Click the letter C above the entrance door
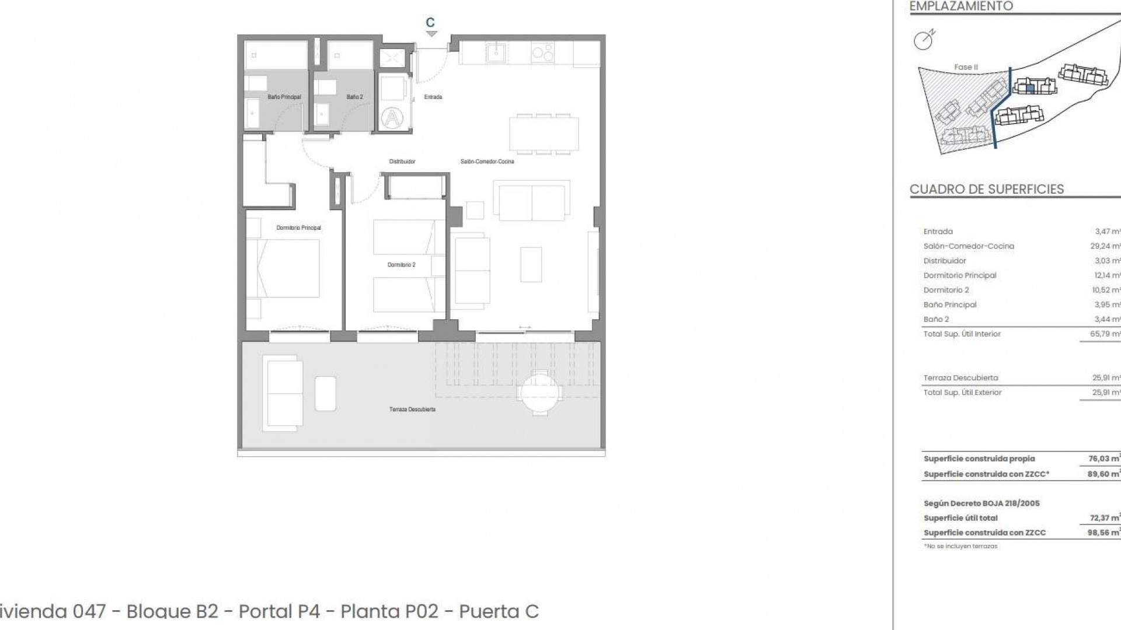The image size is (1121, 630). [430, 23]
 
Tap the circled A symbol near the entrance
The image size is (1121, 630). [392, 118]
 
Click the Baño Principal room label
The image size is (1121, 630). [284, 97]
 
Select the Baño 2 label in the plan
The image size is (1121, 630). [354, 97]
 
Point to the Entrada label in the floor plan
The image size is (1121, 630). [433, 97]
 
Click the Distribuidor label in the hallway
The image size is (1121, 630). [402, 162]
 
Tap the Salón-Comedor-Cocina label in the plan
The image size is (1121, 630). [487, 162]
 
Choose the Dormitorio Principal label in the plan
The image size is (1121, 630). [298, 228]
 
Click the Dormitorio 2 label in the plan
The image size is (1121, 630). [401, 265]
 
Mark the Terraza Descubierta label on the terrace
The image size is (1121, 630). [412, 409]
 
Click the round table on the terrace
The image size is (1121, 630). [541, 393]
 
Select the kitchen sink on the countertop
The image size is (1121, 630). [496, 53]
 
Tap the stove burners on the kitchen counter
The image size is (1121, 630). [543, 53]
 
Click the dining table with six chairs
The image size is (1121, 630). [544, 134]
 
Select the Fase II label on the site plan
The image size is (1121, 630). [966, 67]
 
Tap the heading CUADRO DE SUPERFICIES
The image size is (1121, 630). [987, 189]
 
